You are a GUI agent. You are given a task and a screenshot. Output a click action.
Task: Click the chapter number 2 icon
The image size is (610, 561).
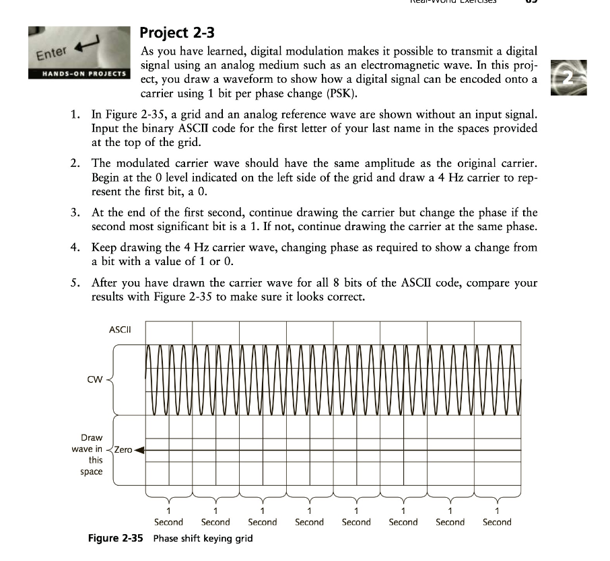point(569,78)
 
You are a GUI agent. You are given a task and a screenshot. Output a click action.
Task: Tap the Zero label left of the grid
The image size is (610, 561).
point(124,449)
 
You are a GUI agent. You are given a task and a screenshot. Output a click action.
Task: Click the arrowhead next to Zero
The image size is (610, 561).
point(141,449)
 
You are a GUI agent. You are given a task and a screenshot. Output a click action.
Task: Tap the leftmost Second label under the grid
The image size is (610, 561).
point(168,522)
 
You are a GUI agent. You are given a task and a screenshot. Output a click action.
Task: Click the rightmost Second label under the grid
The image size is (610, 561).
point(497,522)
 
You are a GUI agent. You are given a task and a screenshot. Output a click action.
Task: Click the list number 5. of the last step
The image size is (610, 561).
point(76,283)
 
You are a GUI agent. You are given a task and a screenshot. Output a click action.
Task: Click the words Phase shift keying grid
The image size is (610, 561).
point(203,539)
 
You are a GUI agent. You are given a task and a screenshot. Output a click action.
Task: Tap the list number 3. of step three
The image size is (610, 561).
point(76,213)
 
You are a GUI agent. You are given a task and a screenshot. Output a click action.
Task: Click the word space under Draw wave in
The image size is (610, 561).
point(91,472)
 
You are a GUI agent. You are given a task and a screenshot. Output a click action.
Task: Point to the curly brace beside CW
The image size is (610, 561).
point(110,379)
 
